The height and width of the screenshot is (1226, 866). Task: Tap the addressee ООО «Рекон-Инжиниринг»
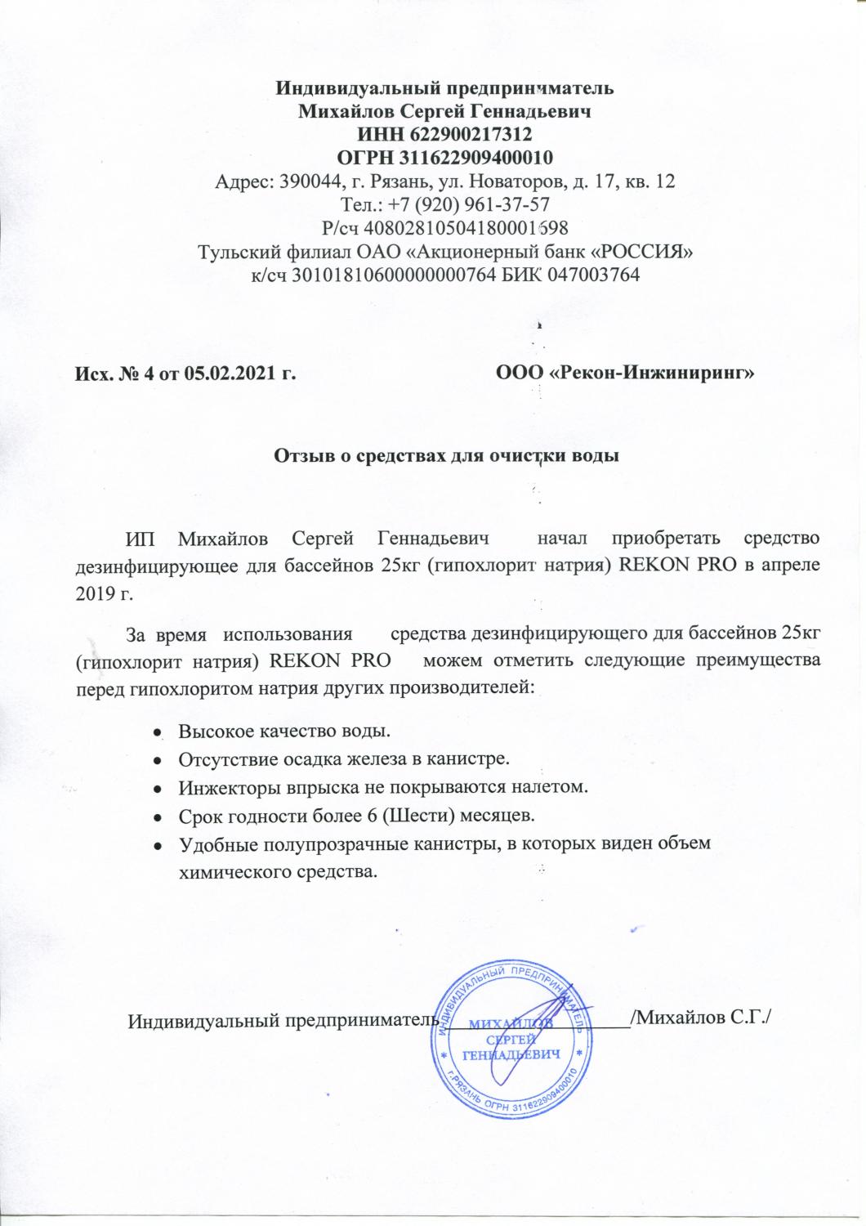625,374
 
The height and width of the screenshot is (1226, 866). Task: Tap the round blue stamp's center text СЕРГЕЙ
511,1039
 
